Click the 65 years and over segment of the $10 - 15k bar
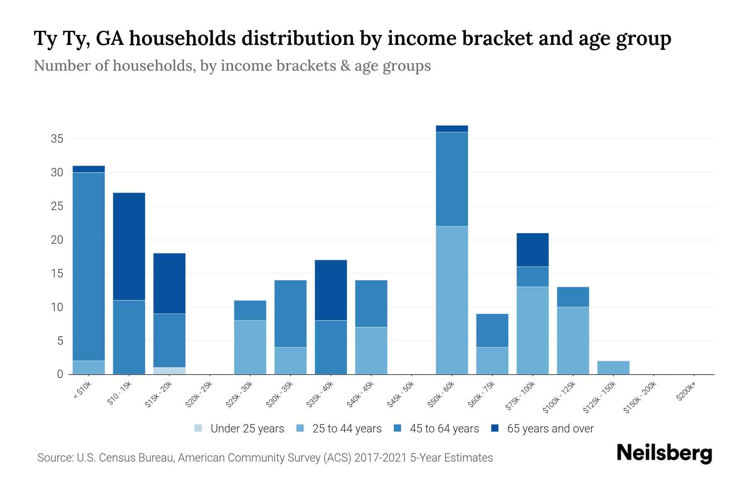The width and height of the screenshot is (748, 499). pos(129,246)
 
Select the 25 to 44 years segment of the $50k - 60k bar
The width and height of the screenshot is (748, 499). pos(452,300)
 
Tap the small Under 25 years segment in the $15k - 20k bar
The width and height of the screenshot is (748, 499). pos(169,371)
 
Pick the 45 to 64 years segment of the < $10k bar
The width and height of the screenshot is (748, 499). pos(89,266)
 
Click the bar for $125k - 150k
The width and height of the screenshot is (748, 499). pos(613,368)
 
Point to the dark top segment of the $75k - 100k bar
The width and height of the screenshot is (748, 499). pos(532,249)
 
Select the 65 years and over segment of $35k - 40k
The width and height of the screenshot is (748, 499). pos(331,290)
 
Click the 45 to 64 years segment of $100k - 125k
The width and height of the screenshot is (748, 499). pos(573,297)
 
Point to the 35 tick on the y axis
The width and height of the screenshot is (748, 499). pos(57,139)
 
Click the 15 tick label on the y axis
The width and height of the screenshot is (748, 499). pos(57,274)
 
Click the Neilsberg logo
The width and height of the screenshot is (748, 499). pos(664,453)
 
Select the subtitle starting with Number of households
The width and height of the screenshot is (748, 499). pos(232,66)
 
